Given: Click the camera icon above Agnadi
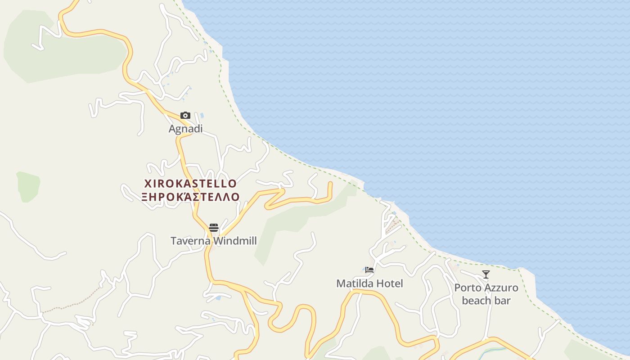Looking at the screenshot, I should pyautogui.click(x=185, y=116).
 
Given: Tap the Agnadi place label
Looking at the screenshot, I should pyautogui.click(x=185, y=129).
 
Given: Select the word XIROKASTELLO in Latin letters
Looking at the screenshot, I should pyautogui.click(x=190, y=184).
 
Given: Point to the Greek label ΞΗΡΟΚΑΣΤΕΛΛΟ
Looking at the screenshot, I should pyautogui.click(x=190, y=197).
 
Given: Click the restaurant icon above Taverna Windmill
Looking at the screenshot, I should pyautogui.click(x=214, y=227).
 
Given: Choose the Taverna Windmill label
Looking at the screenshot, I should pyautogui.click(x=214, y=241).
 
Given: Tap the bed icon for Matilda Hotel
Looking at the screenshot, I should pyautogui.click(x=369, y=270).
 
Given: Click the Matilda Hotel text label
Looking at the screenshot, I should pyautogui.click(x=369, y=283).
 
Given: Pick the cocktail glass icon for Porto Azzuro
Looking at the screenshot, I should pyautogui.click(x=486, y=274).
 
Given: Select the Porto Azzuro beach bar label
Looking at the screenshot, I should pyautogui.click(x=486, y=294).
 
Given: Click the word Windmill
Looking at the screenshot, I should pyautogui.click(x=235, y=241).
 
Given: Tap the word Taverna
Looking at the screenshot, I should pyautogui.click(x=191, y=241).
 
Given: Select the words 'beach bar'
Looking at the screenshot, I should pyautogui.click(x=486, y=300).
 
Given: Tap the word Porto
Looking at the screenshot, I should pyautogui.click(x=468, y=288).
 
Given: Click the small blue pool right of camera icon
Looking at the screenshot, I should pyautogui.click(x=202, y=116).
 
